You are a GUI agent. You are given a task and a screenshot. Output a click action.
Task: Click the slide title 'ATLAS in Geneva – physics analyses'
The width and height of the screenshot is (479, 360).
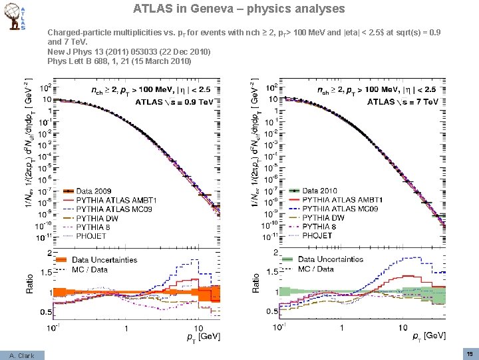click(x=239, y=9)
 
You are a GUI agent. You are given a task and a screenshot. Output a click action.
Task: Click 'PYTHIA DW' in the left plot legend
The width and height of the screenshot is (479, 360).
click(x=98, y=218)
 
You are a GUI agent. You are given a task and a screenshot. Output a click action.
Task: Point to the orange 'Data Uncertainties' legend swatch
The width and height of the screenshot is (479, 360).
click(x=62, y=260)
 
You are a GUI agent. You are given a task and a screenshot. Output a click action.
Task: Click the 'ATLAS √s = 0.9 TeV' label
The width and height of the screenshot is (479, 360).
click(x=174, y=102)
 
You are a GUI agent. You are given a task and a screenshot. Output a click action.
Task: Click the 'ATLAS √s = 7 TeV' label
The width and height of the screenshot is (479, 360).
click(x=403, y=102)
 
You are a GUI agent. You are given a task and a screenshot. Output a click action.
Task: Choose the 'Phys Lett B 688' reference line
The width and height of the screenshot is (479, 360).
click(x=119, y=61)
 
